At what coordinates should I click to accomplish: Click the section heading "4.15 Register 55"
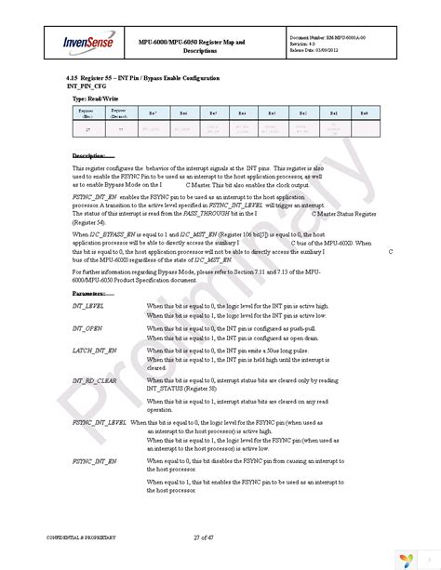(109, 78)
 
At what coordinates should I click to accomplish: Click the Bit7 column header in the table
(154, 112)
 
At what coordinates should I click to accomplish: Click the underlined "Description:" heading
(93, 154)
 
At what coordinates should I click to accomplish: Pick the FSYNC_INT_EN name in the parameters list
(95, 460)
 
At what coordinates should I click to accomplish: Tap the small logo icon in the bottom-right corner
(406, 554)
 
